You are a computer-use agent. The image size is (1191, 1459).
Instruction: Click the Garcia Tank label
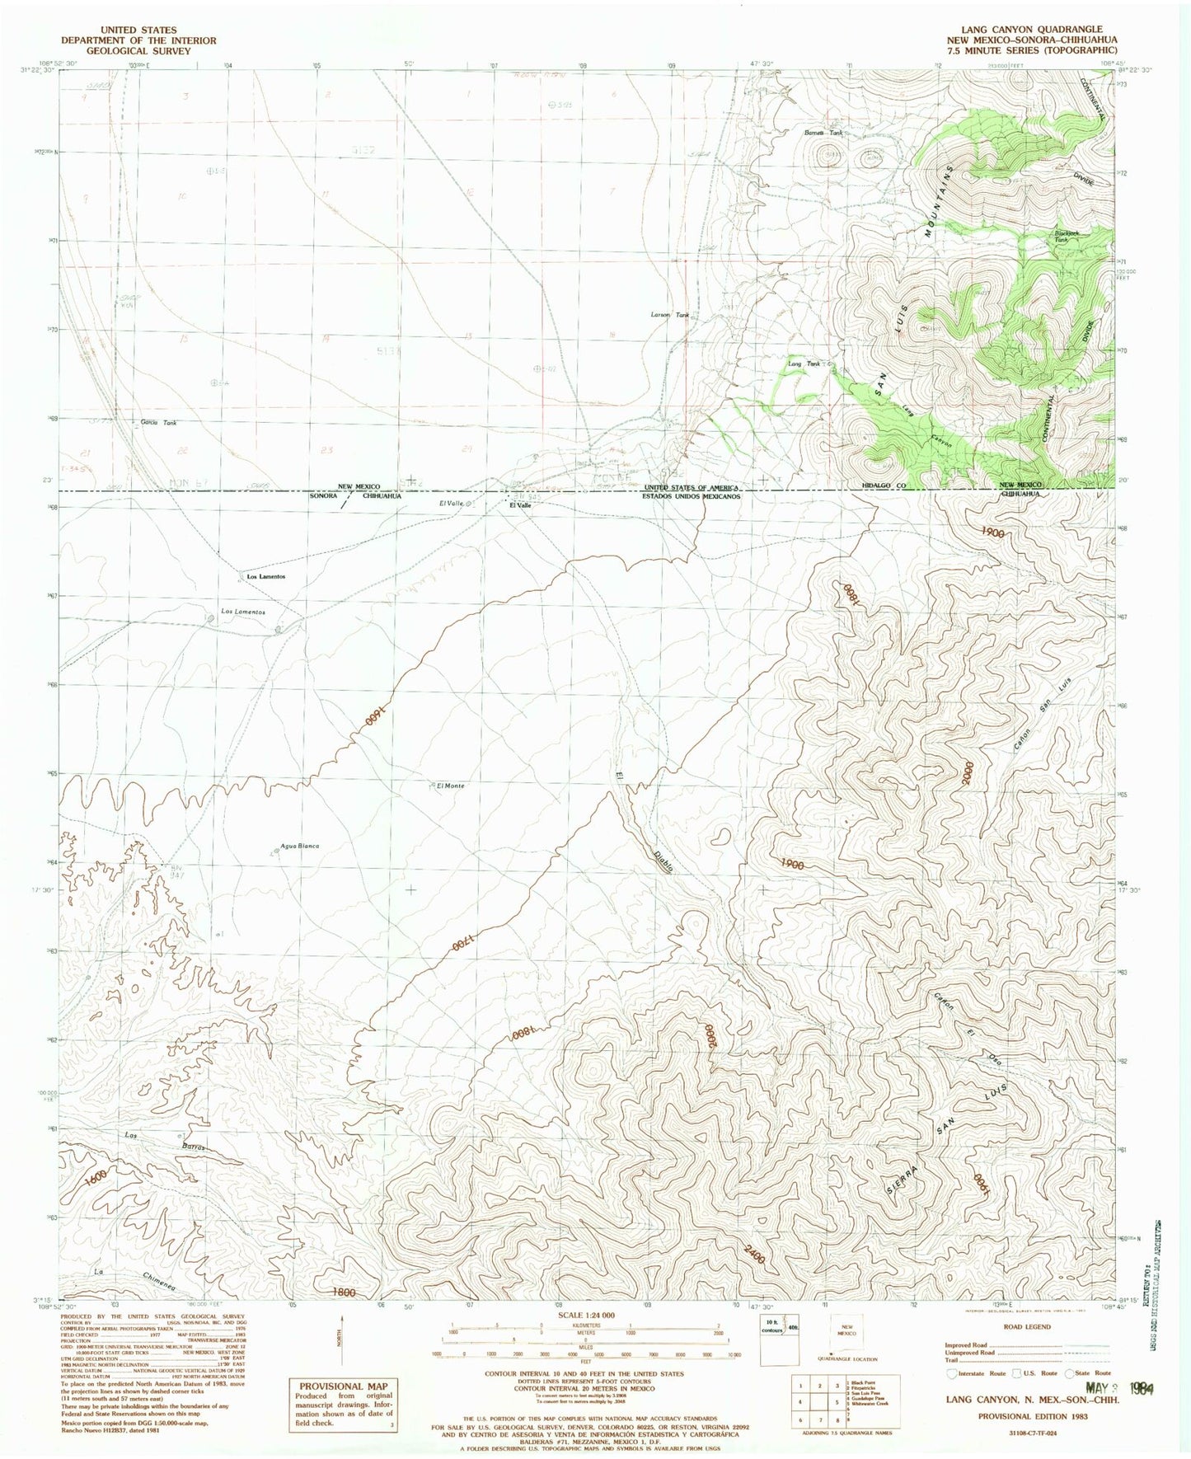coord(159,423)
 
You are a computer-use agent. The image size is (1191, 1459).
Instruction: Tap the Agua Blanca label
coord(300,847)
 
